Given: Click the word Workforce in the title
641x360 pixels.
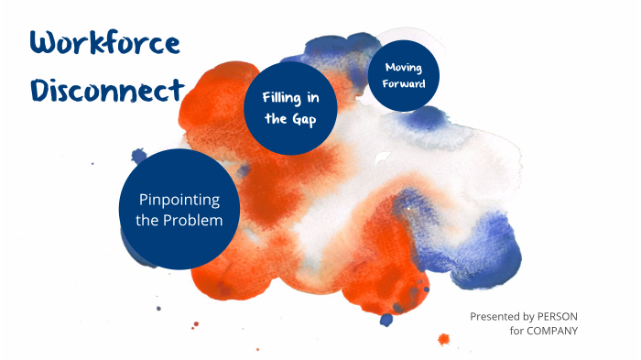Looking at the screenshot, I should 103,42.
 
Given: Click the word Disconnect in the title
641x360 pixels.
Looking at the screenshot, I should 107,90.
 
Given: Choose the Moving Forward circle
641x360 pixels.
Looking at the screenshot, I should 404,73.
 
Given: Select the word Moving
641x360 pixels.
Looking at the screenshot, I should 404,67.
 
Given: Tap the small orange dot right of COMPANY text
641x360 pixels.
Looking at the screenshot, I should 444,340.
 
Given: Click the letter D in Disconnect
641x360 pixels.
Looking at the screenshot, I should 41,91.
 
